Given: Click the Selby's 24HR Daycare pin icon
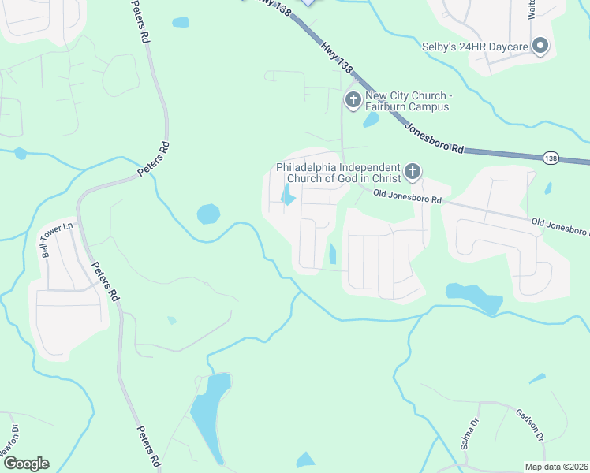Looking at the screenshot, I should click(540, 47).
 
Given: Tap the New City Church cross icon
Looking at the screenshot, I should click(353, 100).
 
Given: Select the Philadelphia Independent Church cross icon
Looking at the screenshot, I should click(411, 172).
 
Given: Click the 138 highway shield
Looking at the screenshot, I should click(551, 159).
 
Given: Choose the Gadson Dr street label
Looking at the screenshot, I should click(530, 425).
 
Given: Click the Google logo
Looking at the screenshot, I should click(25, 464).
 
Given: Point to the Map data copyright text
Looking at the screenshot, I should click(557, 467).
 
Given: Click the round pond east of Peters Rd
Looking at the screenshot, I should click(208, 214).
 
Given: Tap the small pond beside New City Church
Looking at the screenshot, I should click(370, 120).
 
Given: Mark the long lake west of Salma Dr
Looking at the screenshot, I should click(207, 414).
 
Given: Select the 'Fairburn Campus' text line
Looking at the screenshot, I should click(407, 106).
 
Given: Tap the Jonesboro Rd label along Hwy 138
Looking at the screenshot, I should click(435, 137).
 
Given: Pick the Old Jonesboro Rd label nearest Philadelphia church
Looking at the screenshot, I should click(407, 197).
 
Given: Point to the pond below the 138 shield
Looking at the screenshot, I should click(547, 188).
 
